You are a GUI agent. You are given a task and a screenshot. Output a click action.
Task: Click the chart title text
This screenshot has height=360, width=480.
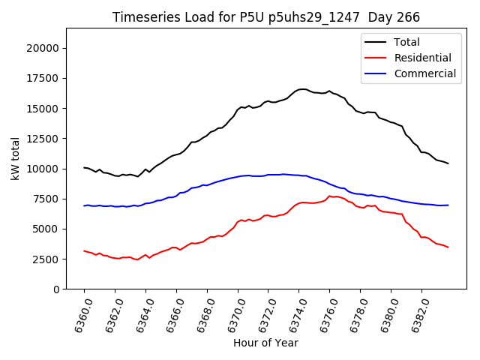265,17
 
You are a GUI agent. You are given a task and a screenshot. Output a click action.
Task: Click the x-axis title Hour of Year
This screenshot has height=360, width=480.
265,343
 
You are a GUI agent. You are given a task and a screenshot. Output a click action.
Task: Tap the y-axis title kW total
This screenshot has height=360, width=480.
15,158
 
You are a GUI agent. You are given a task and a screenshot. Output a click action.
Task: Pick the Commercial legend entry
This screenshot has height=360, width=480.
425,73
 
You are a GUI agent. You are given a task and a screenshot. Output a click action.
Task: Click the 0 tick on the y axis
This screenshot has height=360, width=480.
57,289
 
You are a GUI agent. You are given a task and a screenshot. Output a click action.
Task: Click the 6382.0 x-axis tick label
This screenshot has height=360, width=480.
417,314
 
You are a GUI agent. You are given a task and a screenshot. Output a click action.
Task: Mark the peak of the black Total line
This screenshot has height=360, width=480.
302,89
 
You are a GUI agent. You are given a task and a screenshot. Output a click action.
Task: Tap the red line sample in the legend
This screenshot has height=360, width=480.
375,58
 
